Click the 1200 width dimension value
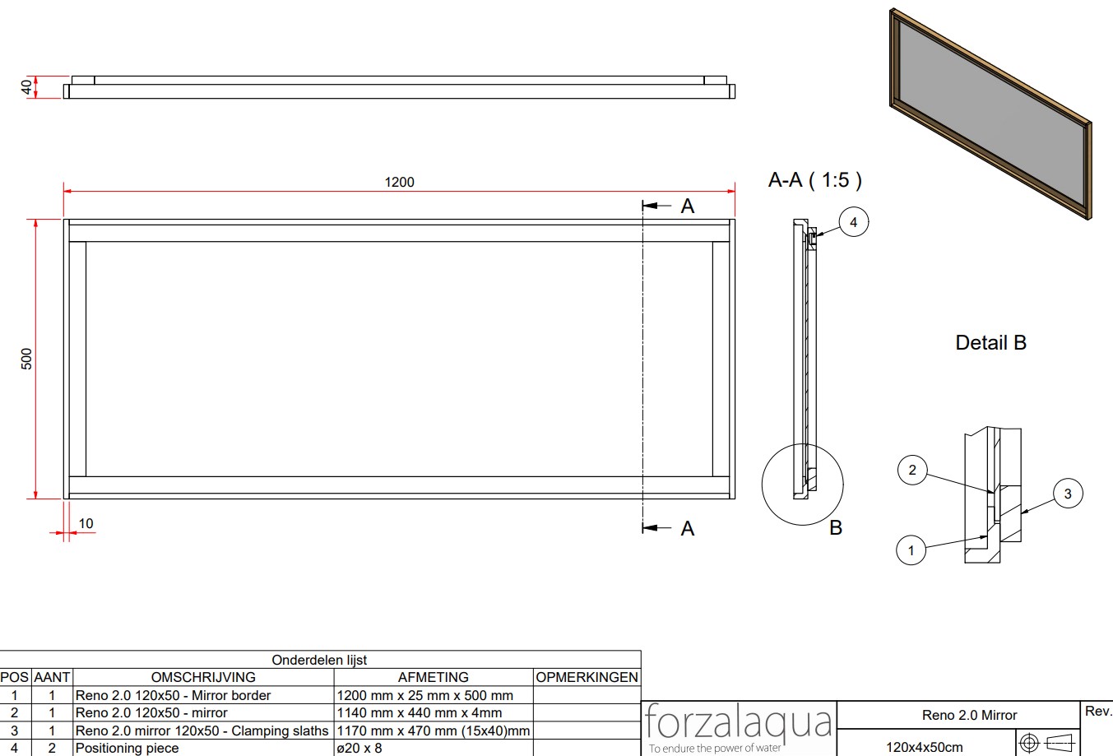(x=399, y=182)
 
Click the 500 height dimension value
(x=26, y=359)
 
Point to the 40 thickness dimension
(x=26, y=87)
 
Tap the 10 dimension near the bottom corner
(x=86, y=523)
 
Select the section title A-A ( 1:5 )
(x=815, y=180)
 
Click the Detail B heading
(x=990, y=342)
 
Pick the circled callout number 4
(x=854, y=221)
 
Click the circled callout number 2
(x=912, y=470)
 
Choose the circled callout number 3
(x=1068, y=493)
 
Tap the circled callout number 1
(x=911, y=550)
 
